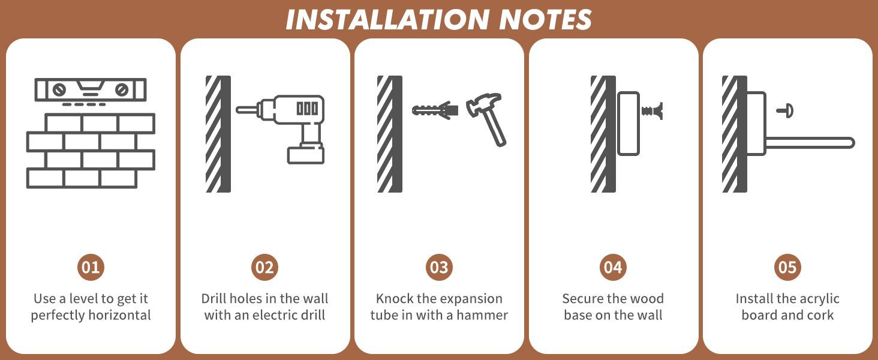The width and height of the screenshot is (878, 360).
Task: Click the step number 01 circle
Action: [91, 268]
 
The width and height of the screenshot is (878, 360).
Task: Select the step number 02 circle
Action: [264, 268]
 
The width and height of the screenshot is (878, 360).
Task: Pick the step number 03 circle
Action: [439, 268]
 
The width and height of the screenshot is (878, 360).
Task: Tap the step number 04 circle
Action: [613, 268]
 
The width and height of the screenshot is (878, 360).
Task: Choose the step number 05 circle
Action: [787, 268]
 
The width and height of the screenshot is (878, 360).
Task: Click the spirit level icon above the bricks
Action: [91, 90]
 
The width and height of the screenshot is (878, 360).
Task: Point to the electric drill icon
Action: [281, 129]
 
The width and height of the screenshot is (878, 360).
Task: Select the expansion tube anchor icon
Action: [435, 110]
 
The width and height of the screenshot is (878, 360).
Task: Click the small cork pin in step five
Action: [785, 111]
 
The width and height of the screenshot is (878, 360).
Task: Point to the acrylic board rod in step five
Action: [810, 142]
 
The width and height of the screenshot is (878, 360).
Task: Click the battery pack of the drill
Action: [306, 154]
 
